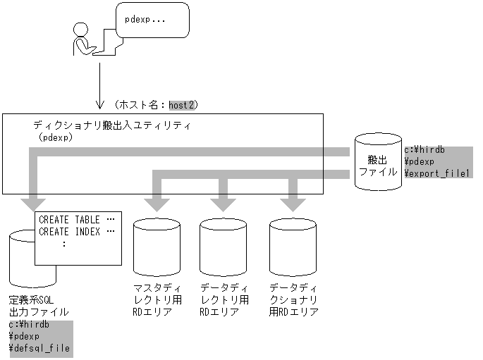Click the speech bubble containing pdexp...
pyautogui.click(x=152, y=20)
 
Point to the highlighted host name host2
pyautogui.click(x=183, y=105)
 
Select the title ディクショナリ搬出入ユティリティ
pyautogui.click(x=113, y=125)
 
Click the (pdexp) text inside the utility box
pyautogui.click(x=56, y=137)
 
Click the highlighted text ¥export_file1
pyautogui.click(x=436, y=173)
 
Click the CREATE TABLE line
pyautogui.click(x=76, y=220)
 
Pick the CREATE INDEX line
pyautogui.click(x=76, y=232)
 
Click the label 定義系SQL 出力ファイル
pyautogui.click(x=39, y=305)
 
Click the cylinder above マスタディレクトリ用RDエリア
pyautogui.click(x=157, y=247)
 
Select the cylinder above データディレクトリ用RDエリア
pyautogui.click(x=224, y=247)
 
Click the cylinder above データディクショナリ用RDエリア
pyautogui.click(x=293, y=247)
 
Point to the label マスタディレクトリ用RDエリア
pyautogui.click(x=159, y=300)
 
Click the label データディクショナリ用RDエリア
pyautogui.click(x=294, y=300)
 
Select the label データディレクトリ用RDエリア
pyautogui.click(x=224, y=300)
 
